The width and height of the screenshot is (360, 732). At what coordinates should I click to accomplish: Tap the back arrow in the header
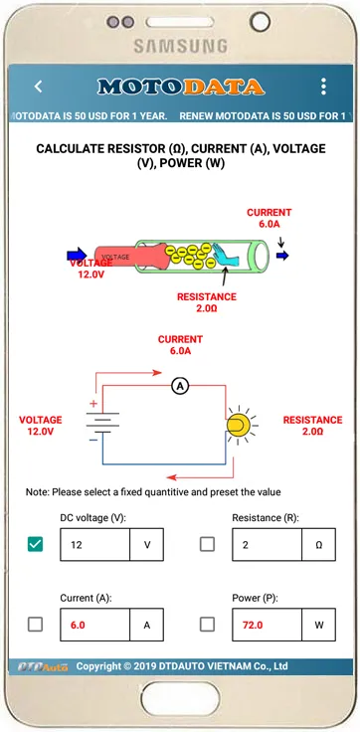(39, 87)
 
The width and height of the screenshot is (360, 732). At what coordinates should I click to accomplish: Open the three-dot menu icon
(323, 87)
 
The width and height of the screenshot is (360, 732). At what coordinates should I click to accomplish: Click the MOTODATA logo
(181, 87)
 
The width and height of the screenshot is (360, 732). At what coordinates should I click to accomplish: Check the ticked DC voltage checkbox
(35, 544)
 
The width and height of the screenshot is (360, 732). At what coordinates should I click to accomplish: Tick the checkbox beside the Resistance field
(207, 544)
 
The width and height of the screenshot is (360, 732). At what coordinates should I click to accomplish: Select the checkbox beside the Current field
(35, 625)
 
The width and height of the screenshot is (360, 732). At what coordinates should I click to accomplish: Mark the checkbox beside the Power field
(207, 625)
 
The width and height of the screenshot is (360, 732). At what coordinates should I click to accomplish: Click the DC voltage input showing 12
(94, 544)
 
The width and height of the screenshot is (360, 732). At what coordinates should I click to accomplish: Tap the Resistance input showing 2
(268, 544)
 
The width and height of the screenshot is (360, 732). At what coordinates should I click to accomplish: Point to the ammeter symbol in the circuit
(180, 386)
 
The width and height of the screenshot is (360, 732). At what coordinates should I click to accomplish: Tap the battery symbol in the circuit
(101, 422)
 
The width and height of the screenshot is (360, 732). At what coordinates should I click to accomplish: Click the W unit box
(318, 625)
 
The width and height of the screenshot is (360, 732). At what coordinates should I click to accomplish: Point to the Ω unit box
(318, 544)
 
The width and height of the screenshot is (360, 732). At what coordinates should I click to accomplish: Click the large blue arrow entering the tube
(77, 255)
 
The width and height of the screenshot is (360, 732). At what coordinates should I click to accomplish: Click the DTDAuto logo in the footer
(43, 666)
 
